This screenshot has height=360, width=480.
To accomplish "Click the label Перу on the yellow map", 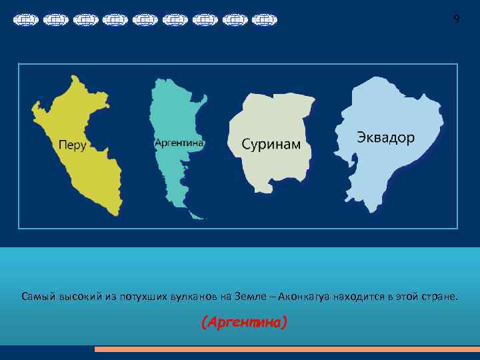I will (x=73, y=144).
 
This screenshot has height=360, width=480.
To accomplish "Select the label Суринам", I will (x=271, y=144).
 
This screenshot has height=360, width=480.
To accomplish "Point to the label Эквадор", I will (x=385, y=138).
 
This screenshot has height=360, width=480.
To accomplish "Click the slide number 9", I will (x=456, y=19).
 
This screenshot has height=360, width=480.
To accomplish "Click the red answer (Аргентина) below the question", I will (x=244, y=323).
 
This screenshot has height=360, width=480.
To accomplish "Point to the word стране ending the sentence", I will (x=441, y=295).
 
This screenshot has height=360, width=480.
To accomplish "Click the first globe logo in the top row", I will (x=25, y=21).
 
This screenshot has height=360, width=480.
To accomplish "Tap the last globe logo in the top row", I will (x=265, y=21).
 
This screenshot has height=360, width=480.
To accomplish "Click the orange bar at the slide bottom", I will (x=287, y=349).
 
